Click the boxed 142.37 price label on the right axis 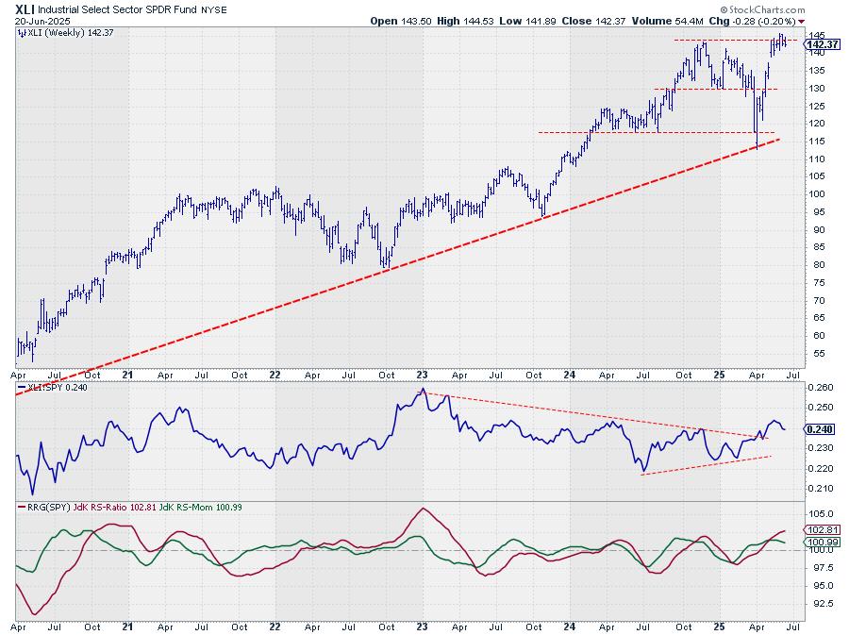pyautogui.click(x=824, y=43)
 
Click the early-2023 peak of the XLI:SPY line pyautogui.click(x=424, y=389)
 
